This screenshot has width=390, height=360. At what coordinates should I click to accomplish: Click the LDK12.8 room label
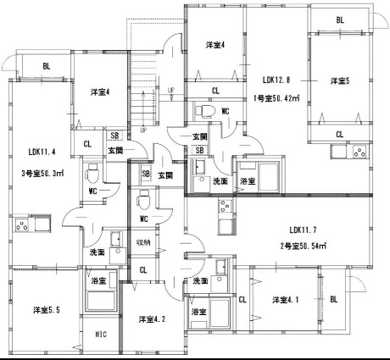276,80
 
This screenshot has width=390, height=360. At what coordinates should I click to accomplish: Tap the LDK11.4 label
42,152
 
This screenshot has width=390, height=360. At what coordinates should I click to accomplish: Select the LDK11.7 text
303,230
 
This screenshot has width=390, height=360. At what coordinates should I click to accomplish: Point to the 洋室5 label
340,80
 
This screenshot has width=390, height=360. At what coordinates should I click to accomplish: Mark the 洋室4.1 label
285,300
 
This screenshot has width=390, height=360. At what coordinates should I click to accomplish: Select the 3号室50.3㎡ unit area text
40,174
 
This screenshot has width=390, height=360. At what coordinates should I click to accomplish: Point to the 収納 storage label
145,242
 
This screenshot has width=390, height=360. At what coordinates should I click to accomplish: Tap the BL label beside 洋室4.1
333,299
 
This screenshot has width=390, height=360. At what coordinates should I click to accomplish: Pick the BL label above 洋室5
340,20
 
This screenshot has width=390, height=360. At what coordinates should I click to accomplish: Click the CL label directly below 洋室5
340,134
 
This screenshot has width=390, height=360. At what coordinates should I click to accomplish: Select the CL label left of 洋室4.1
242,299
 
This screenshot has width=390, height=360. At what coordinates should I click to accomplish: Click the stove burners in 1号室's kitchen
359,154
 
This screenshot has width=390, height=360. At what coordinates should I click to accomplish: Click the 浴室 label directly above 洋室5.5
99,280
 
